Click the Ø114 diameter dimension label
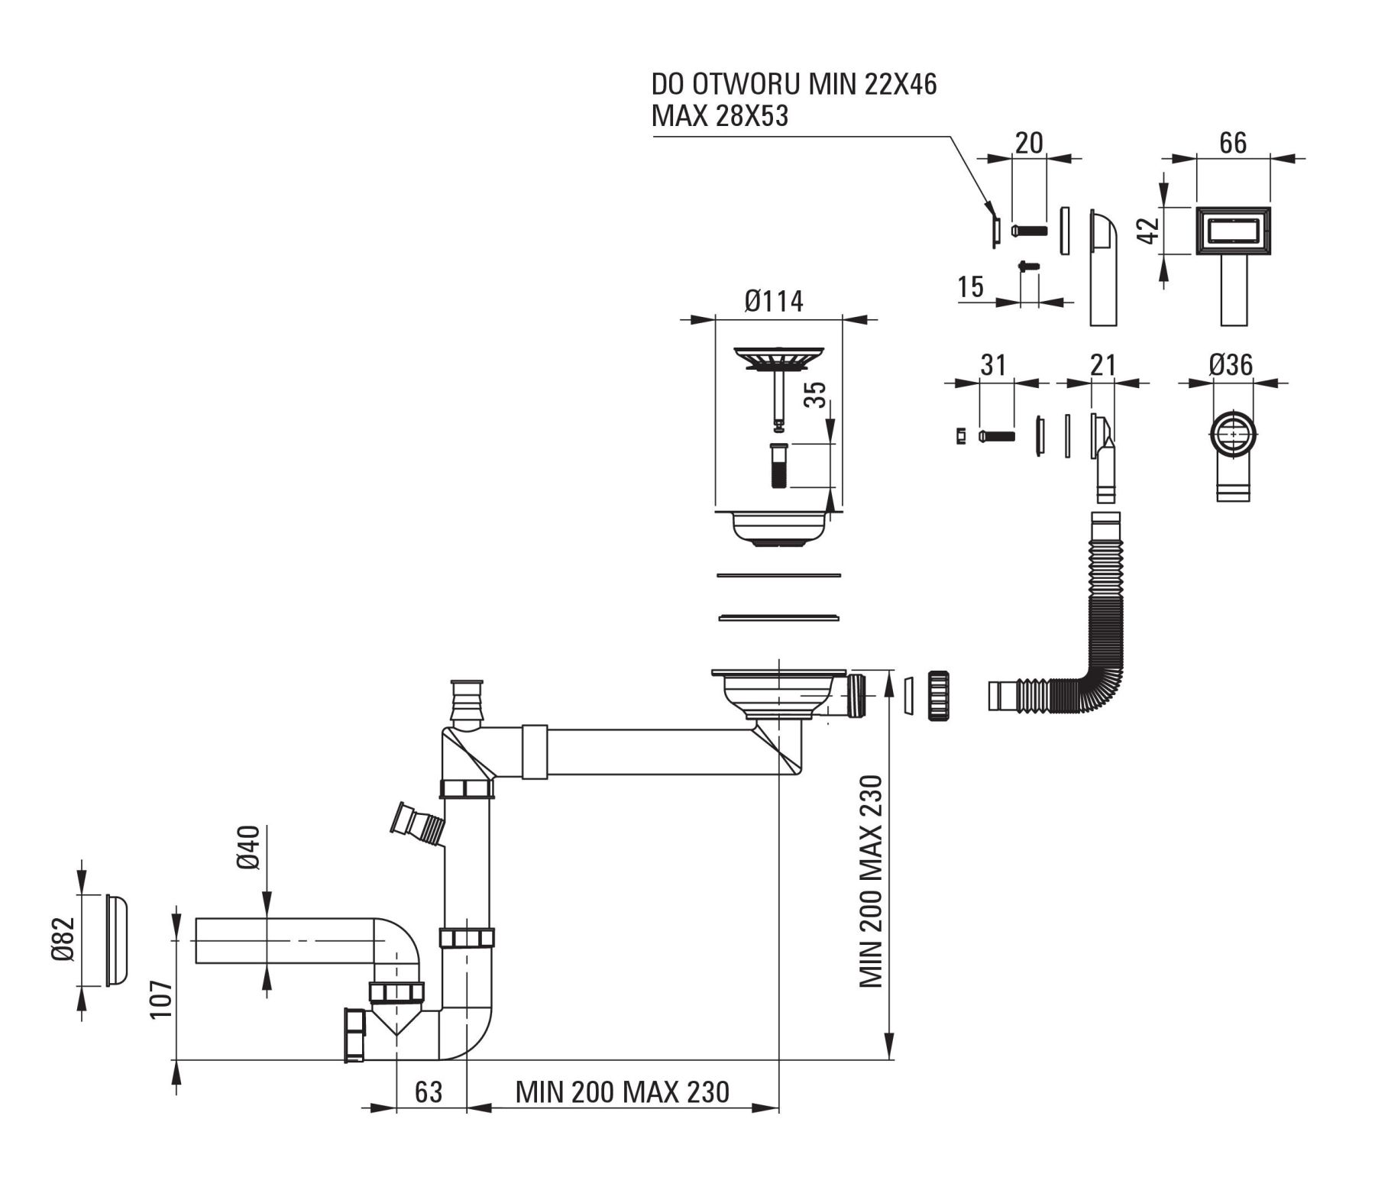tap(774, 302)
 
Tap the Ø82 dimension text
tap(64, 939)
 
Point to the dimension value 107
tap(161, 999)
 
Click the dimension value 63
tap(429, 1092)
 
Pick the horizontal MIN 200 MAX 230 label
tap(623, 1092)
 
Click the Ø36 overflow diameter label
tap(1231, 365)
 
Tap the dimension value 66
tap(1233, 143)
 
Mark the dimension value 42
tap(1149, 230)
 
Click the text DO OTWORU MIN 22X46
tap(794, 83)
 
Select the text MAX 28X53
tap(720, 116)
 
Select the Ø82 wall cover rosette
tap(116, 939)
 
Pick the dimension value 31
tap(992, 365)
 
